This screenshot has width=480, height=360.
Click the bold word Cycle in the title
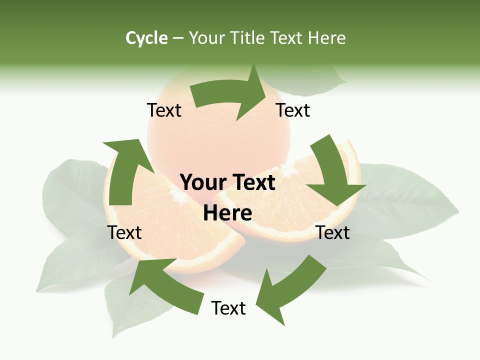click(146, 38)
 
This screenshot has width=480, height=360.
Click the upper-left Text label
click(164, 110)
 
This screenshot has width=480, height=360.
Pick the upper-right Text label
click(293, 110)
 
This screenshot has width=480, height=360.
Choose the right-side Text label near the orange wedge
click(333, 232)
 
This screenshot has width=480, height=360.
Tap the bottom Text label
click(228, 308)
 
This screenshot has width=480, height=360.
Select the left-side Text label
click(125, 232)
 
